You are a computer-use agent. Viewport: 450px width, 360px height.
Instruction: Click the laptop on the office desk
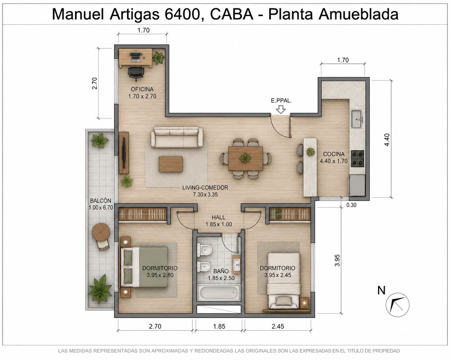point(135,57)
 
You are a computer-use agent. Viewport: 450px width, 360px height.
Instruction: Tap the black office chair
point(136,73)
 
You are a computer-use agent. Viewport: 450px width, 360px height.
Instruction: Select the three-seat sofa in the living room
point(177,137)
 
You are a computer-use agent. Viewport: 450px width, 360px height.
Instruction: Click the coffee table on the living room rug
point(171,164)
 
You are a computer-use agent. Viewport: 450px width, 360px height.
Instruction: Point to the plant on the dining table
point(245,158)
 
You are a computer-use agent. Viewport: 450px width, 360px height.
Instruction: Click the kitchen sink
point(358,119)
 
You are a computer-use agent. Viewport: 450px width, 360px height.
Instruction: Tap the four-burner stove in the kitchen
point(357,159)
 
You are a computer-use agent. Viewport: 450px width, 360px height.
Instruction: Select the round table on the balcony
point(101,232)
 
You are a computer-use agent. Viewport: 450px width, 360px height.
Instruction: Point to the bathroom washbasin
point(237,265)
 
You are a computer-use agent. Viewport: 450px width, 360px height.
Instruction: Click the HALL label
point(219,217)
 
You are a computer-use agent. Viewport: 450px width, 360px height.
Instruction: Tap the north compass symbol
point(397,304)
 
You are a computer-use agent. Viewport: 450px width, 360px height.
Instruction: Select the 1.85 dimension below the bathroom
point(219,326)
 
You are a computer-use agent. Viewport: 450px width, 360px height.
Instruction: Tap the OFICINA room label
point(142,89)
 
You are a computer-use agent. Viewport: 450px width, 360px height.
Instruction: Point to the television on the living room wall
point(124,153)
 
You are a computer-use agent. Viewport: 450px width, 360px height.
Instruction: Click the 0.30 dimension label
point(351,205)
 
